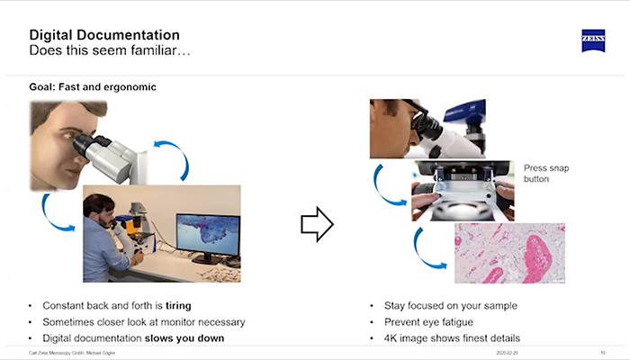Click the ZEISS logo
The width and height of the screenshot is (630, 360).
pos(592,41)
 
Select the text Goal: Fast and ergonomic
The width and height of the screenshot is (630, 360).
pos(94,87)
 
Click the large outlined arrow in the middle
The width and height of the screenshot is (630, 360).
pos(317,224)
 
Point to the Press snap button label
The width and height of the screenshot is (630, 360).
pos(547,173)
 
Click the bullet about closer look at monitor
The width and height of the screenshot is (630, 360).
pos(143,322)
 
